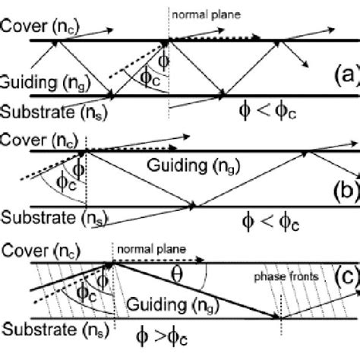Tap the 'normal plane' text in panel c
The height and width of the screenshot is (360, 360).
click(x=144, y=247)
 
